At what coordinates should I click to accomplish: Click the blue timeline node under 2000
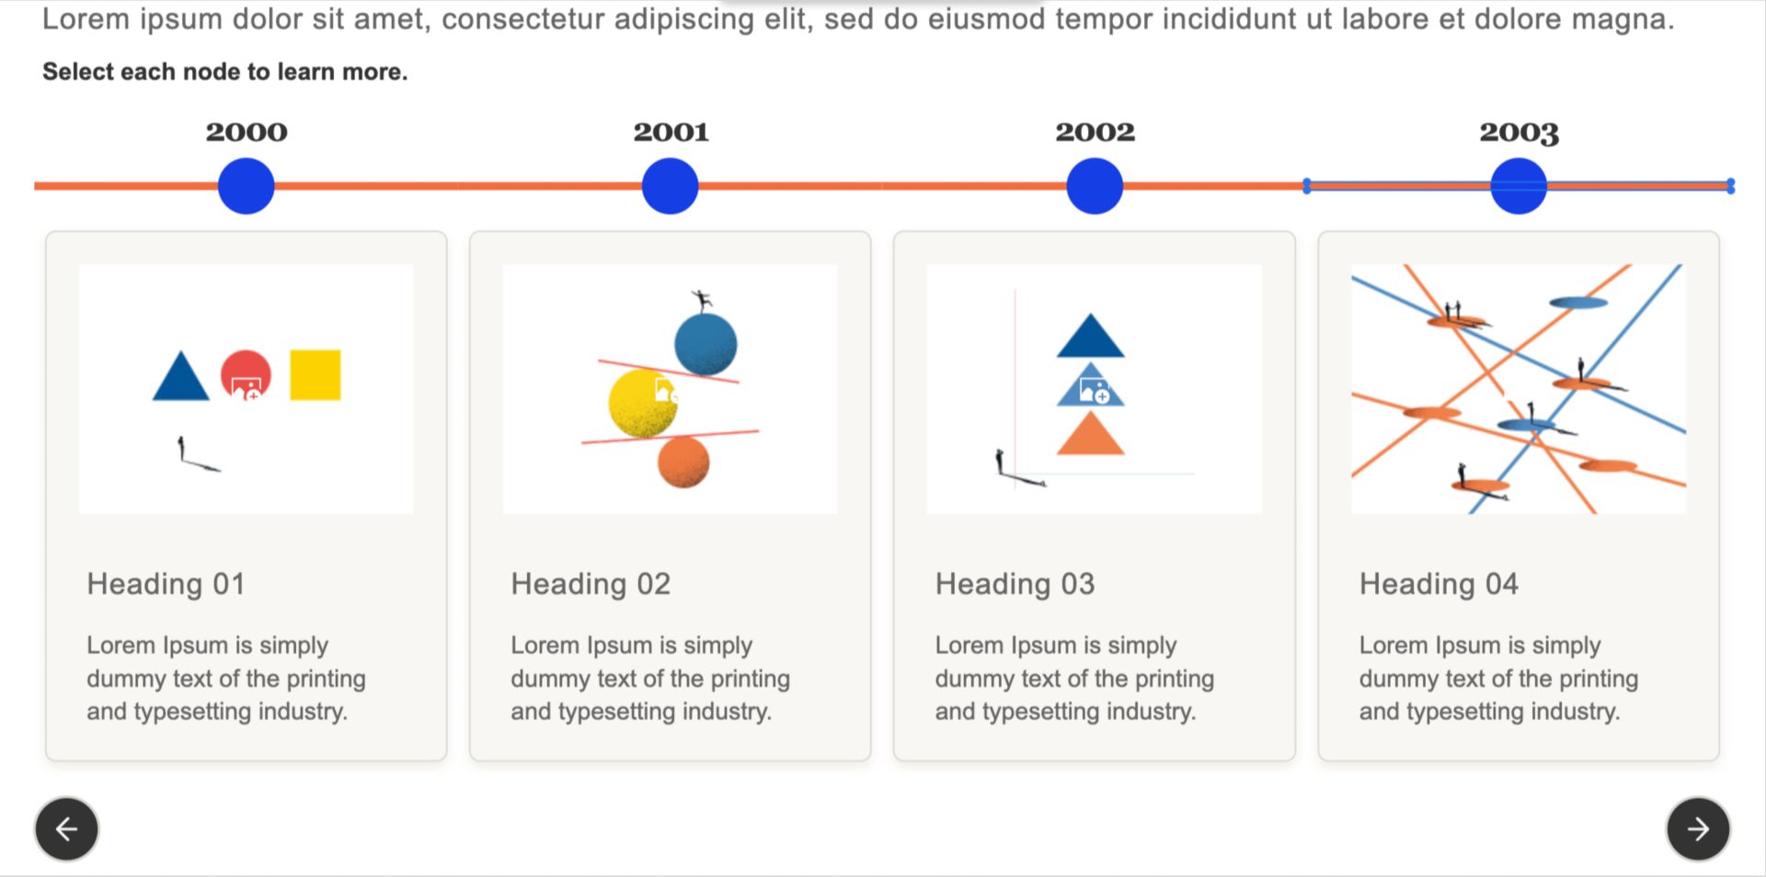click(x=246, y=186)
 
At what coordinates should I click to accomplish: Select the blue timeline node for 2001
click(x=670, y=186)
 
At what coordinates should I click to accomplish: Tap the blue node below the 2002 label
click(x=1095, y=186)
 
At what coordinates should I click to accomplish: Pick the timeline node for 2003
click(x=1519, y=186)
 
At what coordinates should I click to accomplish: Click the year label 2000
click(x=247, y=132)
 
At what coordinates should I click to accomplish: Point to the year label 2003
click(x=1519, y=133)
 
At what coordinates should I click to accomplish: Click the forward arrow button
click(x=1698, y=829)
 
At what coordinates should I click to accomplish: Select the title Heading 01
click(x=166, y=584)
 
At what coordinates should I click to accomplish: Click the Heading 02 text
click(x=591, y=584)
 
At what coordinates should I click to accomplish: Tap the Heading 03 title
click(x=1015, y=584)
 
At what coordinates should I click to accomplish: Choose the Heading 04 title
click(x=1439, y=584)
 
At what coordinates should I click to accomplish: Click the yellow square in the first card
click(x=315, y=375)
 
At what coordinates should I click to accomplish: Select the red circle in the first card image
click(x=246, y=375)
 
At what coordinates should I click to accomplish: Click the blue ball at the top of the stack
click(x=705, y=345)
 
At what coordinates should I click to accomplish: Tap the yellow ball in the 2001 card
click(x=641, y=404)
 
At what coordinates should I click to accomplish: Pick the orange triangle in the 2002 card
click(x=1091, y=434)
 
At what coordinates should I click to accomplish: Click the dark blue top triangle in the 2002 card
click(x=1091, y=337)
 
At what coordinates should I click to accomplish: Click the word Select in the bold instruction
click(x=76, y=72)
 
